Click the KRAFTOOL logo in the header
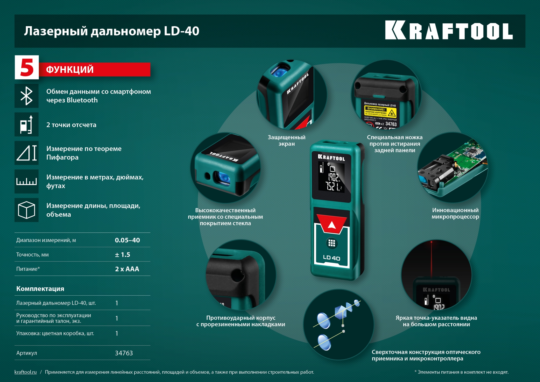pos(449,30)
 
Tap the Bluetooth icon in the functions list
pos(26,96)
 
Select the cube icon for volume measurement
pos(26,210)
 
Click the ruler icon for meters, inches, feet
pos(26,182)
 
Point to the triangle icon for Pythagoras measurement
pos(26,153)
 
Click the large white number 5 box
pos(27,68)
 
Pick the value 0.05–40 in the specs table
pos(127,240)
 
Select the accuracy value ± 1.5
pos(122,255)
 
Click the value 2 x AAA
pos(127,269)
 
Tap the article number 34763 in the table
pos(124,353)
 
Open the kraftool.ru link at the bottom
pos(26,372)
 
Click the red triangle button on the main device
pos(332,224)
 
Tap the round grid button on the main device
pos(332,243)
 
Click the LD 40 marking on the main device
pos(332,258)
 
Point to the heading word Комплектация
pos(40,289)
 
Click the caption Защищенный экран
pos(286,140)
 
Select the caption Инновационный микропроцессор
pos(455,213)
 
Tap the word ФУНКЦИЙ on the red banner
pos(70,70)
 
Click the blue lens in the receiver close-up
pos(222,178)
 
